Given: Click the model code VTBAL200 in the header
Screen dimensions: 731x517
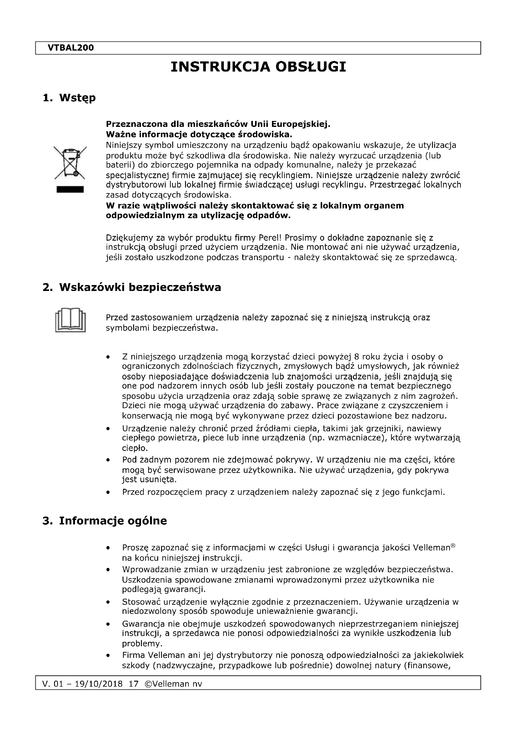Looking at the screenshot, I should point(71,48).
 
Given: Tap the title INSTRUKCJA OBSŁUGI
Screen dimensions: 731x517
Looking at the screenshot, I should point(258,67).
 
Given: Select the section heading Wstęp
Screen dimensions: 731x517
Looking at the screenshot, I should point(77,98).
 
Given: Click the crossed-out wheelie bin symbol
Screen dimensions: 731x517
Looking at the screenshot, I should point(70,163).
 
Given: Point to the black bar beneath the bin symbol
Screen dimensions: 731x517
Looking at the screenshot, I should point(70,189).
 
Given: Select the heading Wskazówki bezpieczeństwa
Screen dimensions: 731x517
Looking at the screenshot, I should point(140,287).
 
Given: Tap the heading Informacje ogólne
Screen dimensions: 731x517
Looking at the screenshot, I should point(113,521).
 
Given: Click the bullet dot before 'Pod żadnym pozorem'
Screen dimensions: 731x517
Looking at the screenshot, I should point(108,460).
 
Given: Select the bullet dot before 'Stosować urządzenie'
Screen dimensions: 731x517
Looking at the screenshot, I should point(108,602).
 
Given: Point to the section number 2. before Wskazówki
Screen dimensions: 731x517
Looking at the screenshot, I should point(48,287).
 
